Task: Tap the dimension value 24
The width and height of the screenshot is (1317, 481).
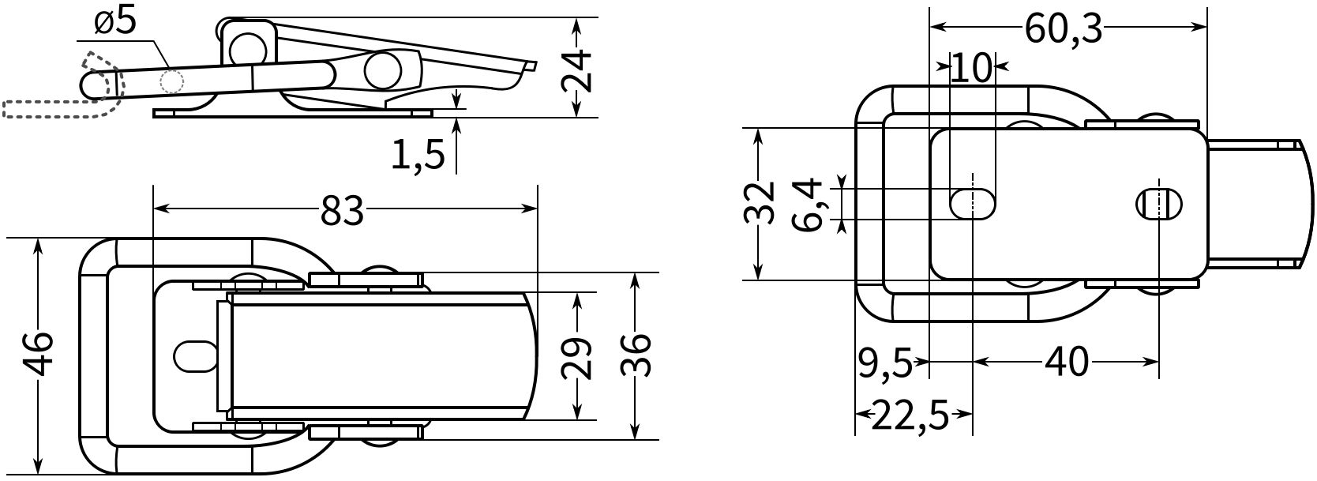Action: (576, 71)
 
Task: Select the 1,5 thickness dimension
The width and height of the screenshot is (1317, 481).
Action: (418, 156)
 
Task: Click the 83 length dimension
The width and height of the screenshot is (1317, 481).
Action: (343, 211)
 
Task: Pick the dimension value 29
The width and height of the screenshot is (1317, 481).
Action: (576, 358)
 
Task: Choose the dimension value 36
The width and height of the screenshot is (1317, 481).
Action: (636, 355)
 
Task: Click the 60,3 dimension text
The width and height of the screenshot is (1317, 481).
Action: (1063, 29)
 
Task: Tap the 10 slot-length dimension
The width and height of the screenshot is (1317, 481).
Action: (971, 68)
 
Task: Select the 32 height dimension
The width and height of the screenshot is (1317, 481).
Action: (759, 204)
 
